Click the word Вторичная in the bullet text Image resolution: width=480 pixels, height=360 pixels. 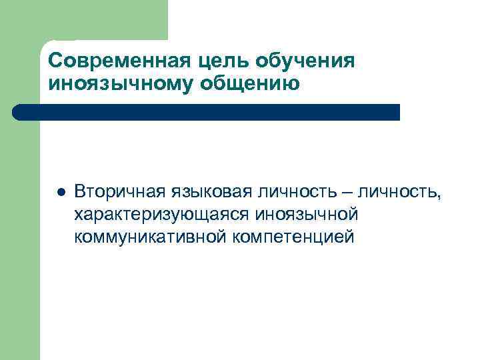(x=113, y=193)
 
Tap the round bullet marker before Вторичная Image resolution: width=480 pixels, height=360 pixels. (x=59, y=193)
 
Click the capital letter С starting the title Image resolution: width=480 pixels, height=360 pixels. (x=55, y=61)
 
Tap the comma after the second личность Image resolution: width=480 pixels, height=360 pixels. (x=439, y=197)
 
